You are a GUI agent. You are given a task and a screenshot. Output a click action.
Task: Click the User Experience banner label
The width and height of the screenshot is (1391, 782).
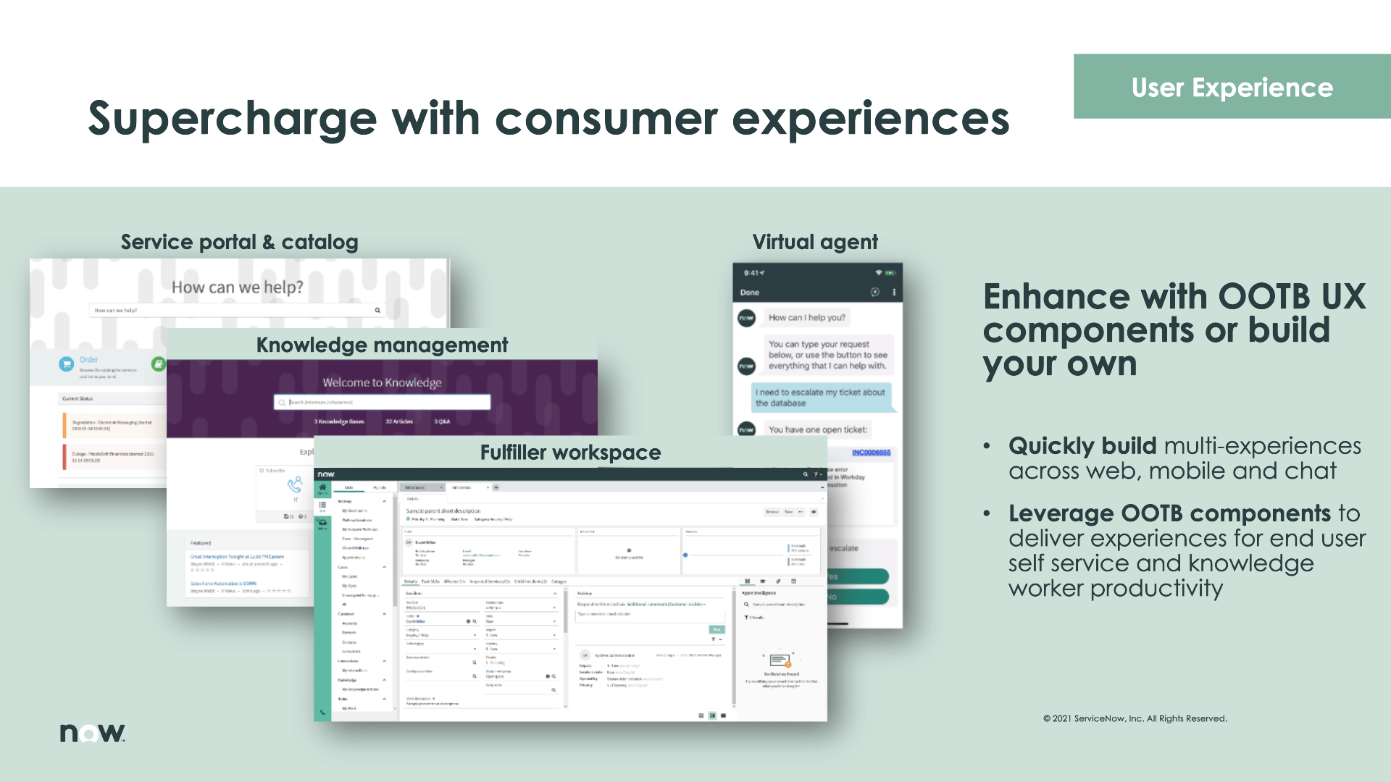tap(1232, 88)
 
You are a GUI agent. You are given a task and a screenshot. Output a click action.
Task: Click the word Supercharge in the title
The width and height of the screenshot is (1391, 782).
tap(232, 119)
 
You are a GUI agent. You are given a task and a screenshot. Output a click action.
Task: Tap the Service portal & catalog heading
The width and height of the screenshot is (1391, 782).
tap(239, 242)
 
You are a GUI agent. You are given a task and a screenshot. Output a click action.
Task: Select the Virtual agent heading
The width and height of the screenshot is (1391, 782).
tap(814, 242)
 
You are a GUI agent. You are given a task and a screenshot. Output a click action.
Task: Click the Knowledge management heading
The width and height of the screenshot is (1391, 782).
tap(382, 345)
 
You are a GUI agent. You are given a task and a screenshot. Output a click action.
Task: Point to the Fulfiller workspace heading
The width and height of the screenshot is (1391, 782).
tap(570, 453)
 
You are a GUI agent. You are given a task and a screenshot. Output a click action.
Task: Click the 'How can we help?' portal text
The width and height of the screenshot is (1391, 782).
tap(237, 287)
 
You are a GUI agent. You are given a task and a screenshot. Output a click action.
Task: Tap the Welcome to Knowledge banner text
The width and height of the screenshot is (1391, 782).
tap(382, 382)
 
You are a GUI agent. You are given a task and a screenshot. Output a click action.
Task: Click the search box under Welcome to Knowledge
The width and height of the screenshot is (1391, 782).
tap(382, 402)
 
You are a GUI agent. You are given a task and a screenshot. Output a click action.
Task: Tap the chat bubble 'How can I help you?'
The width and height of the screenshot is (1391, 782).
tap(806, 317)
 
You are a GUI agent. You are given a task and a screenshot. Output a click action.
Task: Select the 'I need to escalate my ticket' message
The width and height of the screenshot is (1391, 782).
tap(819, 398)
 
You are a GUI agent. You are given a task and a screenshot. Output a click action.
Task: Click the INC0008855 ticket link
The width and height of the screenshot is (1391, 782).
tap(871, 453)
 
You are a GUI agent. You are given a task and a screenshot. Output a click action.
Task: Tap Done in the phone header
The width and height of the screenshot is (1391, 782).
tap(749, 293)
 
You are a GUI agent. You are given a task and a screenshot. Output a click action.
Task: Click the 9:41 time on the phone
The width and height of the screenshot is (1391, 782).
tap(752, 273)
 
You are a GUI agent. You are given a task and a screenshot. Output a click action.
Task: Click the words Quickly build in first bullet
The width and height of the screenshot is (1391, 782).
tap(1082, 446)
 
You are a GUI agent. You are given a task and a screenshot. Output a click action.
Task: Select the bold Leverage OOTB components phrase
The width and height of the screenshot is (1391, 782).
tap(1169, 513)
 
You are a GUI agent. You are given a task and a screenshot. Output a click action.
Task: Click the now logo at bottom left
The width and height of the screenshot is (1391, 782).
tap(92, 733)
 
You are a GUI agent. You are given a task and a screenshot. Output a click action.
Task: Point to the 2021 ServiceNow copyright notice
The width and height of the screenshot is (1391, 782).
tap(1135, 718)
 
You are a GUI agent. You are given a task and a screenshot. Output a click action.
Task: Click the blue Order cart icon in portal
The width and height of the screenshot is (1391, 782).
tap(67, 363)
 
